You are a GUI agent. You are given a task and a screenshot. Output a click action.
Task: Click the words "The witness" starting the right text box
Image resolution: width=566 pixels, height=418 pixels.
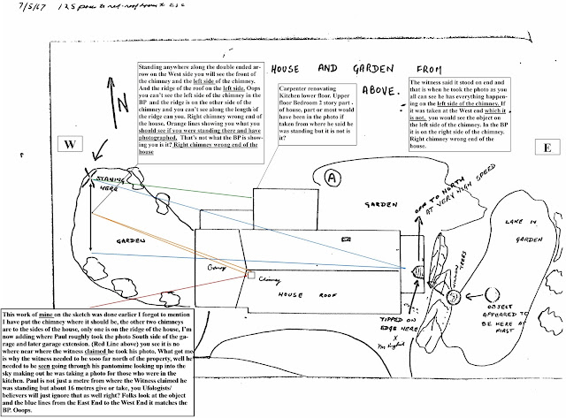pos(429,81)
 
